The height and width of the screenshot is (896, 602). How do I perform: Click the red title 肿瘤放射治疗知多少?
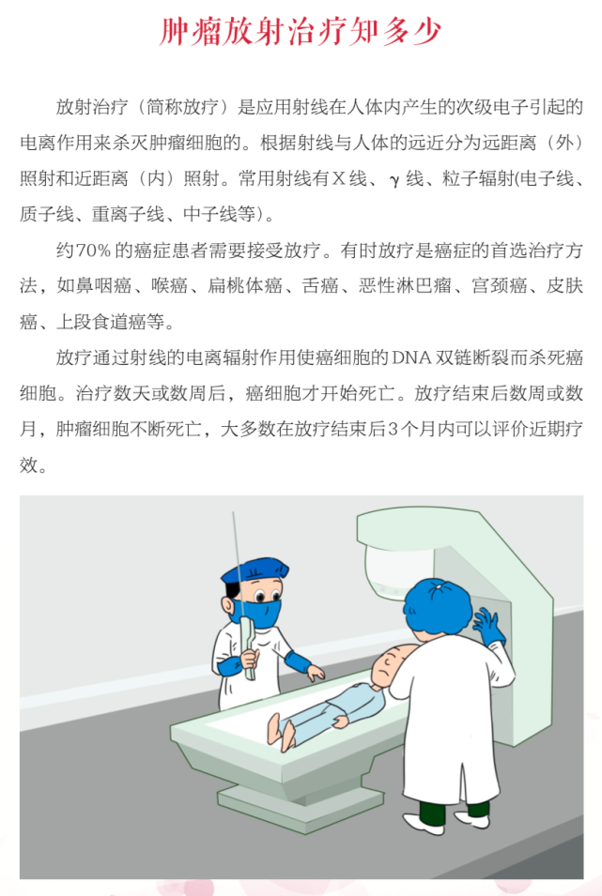tap(301, 33)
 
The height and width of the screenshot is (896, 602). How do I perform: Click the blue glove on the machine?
tap(487, 624)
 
